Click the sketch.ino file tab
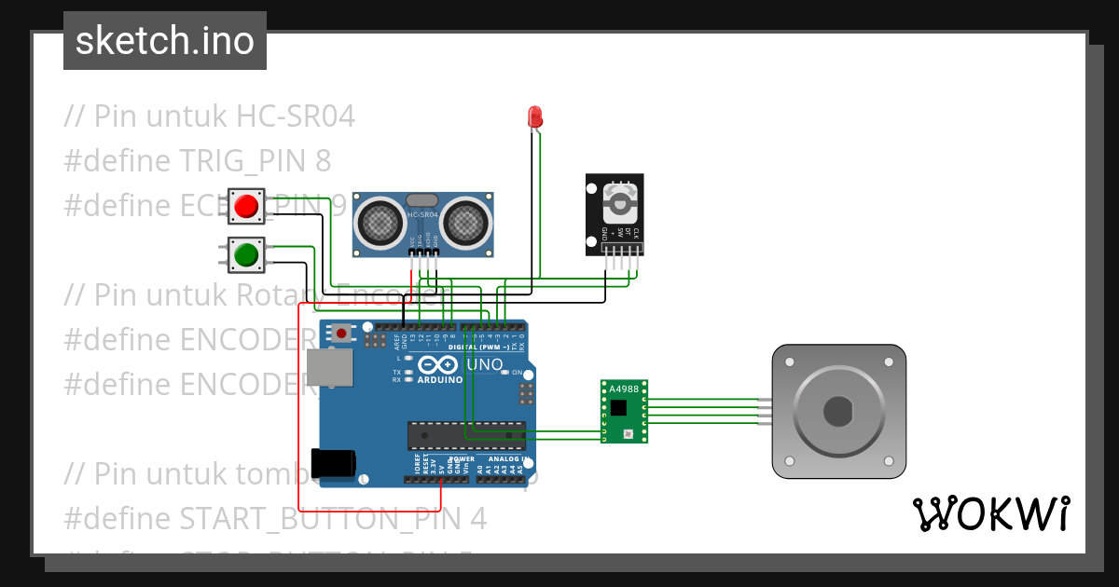[x=164, y=41]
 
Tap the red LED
[x=535, y=116]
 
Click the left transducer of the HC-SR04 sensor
[x=379, y=221]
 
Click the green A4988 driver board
[x=625, y=410]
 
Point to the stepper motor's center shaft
[x=839, y=411]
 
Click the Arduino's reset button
[x=342, y=332]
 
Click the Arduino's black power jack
[x=334, y=463]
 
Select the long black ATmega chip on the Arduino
[x=465, y=435]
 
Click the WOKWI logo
[x=990, y=513]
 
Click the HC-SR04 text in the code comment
[x=296, y=116]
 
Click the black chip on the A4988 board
[x=619, y=406]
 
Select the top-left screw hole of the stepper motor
[x=789, y=361]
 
